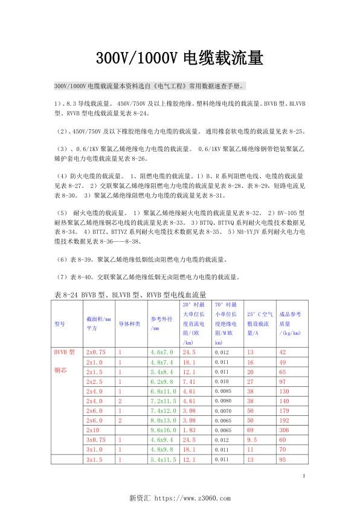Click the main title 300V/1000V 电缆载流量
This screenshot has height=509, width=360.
[x=179, y=58]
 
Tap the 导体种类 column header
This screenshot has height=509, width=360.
[x=129, y=324]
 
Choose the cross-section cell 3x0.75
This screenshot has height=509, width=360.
[x=97, y=439]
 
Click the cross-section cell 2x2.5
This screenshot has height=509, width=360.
[x=95, y=383]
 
